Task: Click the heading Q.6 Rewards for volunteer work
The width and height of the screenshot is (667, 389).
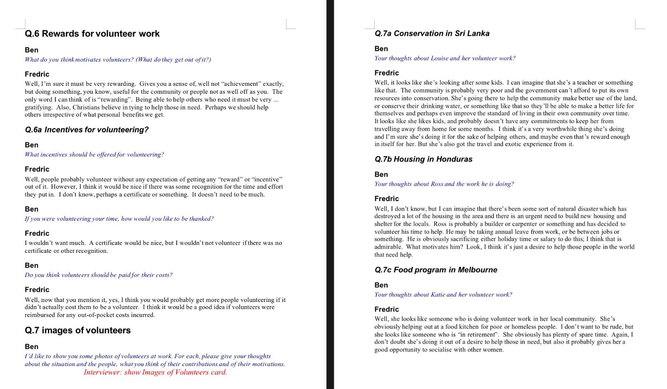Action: (x=92, y=34)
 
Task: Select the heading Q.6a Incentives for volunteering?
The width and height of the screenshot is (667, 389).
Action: (x=87, y=130)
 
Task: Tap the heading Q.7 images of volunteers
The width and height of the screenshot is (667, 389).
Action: (x=78, y=330)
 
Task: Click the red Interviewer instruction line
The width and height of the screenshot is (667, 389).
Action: (x=155, y=372)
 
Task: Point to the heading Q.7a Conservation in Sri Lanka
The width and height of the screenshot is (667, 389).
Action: (x=432, y=33)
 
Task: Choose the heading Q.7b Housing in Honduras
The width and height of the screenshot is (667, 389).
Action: (x=423, y=159)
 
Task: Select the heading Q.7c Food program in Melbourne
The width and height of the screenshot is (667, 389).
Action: (x=436, y=270)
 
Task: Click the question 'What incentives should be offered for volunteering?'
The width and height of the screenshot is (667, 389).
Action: (x=94, y=155)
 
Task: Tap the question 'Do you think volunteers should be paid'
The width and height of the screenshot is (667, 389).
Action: (x=98, y=275)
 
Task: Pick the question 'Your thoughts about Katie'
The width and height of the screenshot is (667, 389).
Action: (x=443, y=294)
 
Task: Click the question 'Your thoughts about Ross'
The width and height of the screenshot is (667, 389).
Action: (x=444, y=184)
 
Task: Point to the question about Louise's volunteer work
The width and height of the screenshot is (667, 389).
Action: (x=445, y=58)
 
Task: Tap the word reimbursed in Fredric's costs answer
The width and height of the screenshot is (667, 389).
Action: (x=40, y=315)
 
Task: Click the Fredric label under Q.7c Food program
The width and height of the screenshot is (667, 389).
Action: (x=386, y=309)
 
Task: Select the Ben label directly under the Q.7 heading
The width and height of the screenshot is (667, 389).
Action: (x=31, y=347)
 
